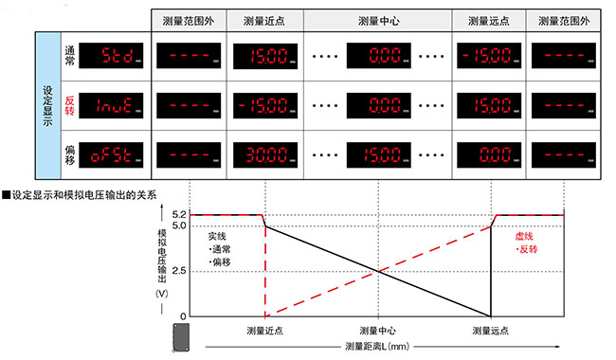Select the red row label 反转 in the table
[67, 103]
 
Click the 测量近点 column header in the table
[262, 20]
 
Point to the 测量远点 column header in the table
[488, 20]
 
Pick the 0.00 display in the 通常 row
[377, 55]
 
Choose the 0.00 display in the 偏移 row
[489, 153]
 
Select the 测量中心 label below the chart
[376, 330]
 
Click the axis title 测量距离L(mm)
[376, 347]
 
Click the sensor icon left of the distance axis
[182, 336]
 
